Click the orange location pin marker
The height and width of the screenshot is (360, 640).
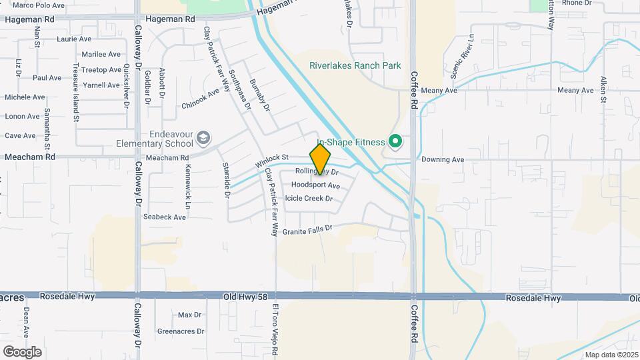pos(320,159)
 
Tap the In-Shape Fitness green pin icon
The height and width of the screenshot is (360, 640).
pos(395,141)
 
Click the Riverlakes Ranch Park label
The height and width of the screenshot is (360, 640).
pos(355,65)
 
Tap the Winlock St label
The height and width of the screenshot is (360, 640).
pos(271,161)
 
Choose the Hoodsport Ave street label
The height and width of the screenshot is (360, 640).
pos(315,185)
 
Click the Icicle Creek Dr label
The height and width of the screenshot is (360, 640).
pos(308,198)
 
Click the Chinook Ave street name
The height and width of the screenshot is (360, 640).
pos(200,99)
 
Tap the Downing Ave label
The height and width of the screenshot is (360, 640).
pos(442,160)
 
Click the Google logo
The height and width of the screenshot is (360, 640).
pos(22,351)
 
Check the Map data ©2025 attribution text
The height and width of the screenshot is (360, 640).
pos(610,355)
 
